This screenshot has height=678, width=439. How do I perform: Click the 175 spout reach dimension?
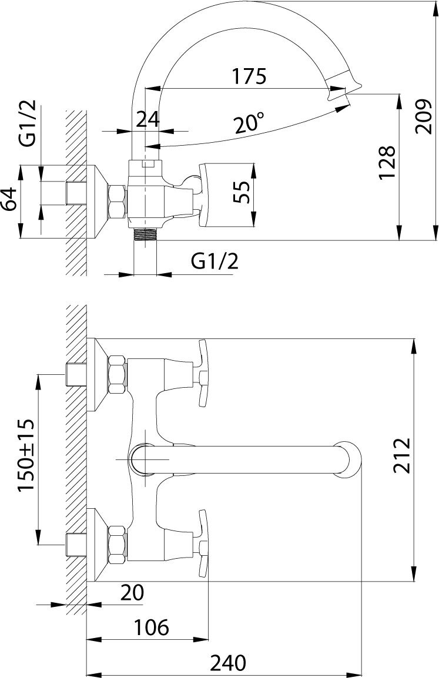click(x=249, y=76)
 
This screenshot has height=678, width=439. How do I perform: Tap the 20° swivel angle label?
click(x=249, y=124)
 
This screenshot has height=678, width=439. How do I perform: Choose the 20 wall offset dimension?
click(x=131, y=593)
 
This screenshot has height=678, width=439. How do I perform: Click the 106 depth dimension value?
click(x=150, y=627)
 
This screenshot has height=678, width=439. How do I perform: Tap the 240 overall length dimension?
click(x=226, y=663)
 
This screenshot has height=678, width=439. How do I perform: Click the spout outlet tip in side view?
click(x=347, y=88)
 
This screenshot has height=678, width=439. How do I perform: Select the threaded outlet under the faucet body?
click(x=146, y=234)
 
